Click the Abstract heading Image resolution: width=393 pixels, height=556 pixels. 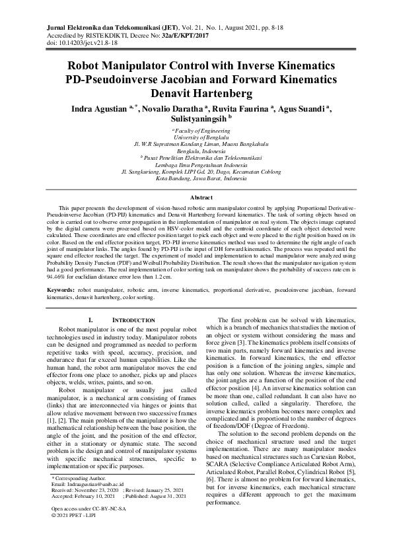tap(196, 197)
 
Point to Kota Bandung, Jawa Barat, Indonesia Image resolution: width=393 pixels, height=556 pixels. tap(196, 178)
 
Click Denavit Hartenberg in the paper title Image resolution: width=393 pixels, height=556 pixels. tap(196, 93)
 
